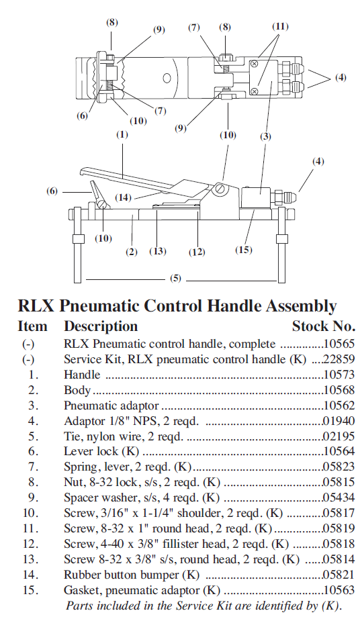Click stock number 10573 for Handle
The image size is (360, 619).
coord(338,373)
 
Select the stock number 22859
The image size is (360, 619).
coord(338,359)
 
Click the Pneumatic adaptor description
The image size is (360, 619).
coord(111,405)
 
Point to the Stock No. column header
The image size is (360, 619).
coord(323,326)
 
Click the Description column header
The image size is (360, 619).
coord(100,326)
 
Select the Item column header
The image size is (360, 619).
coord(32,326)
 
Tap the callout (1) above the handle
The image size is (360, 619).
coord(122,134)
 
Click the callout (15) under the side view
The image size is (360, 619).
coord(244,250)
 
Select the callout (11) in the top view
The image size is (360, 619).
coord(280,27)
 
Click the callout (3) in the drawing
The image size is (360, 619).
coord(266,136)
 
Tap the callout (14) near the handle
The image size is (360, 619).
coord(122,197)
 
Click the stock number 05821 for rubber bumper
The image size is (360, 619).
coord(338,574)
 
